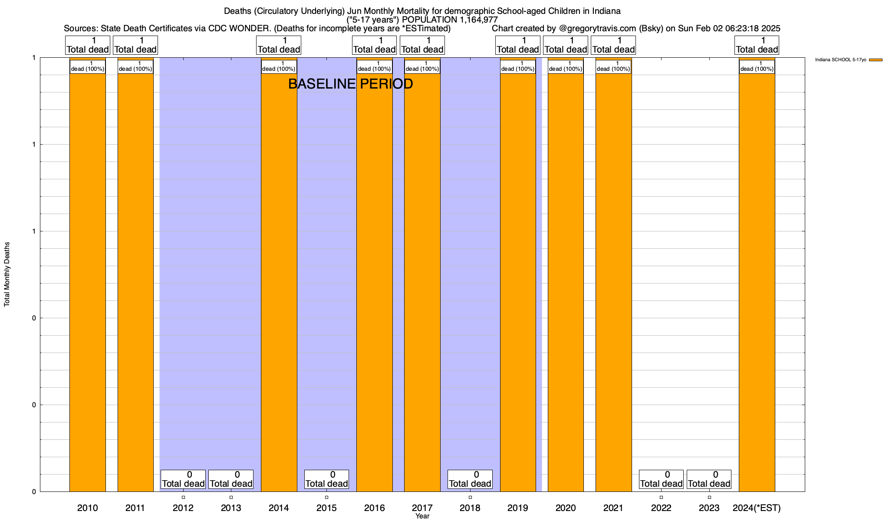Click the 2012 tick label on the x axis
tap(183, 508)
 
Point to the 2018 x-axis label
tap(470, 508)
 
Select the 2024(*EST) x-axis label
tap(757, 508)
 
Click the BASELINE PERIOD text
tap(350, 84)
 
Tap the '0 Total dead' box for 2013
tap(231, 479)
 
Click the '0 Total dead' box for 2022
tap(661, 479)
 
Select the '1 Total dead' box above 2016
tap(374, 45)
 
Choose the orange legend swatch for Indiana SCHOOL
tap(876, 60)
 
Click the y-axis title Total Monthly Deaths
tap(7, 274)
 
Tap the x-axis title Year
tap(422, 516)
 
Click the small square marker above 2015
tap(326, 497)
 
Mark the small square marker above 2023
tap(709, 497)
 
